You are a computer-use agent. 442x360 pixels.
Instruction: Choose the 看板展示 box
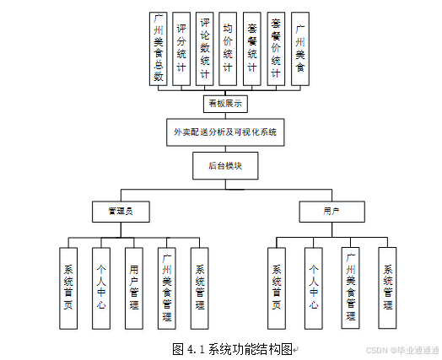(x=225, y=104)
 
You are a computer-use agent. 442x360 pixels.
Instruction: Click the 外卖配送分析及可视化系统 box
(x=225, y=133)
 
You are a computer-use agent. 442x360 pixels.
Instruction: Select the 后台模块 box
(x=225, y=166)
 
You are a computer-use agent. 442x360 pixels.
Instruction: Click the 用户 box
(x=331, y=211)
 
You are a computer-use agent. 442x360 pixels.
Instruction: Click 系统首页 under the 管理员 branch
(x=69, y=287)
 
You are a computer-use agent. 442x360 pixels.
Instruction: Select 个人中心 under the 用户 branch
(x=313, y=287)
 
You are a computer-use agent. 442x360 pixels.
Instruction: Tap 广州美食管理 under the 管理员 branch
(x=167, y=287)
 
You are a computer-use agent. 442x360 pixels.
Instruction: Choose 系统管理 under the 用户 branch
(x=387, y=287)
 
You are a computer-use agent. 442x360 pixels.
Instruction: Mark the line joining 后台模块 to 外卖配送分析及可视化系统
(x=225, y=149)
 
